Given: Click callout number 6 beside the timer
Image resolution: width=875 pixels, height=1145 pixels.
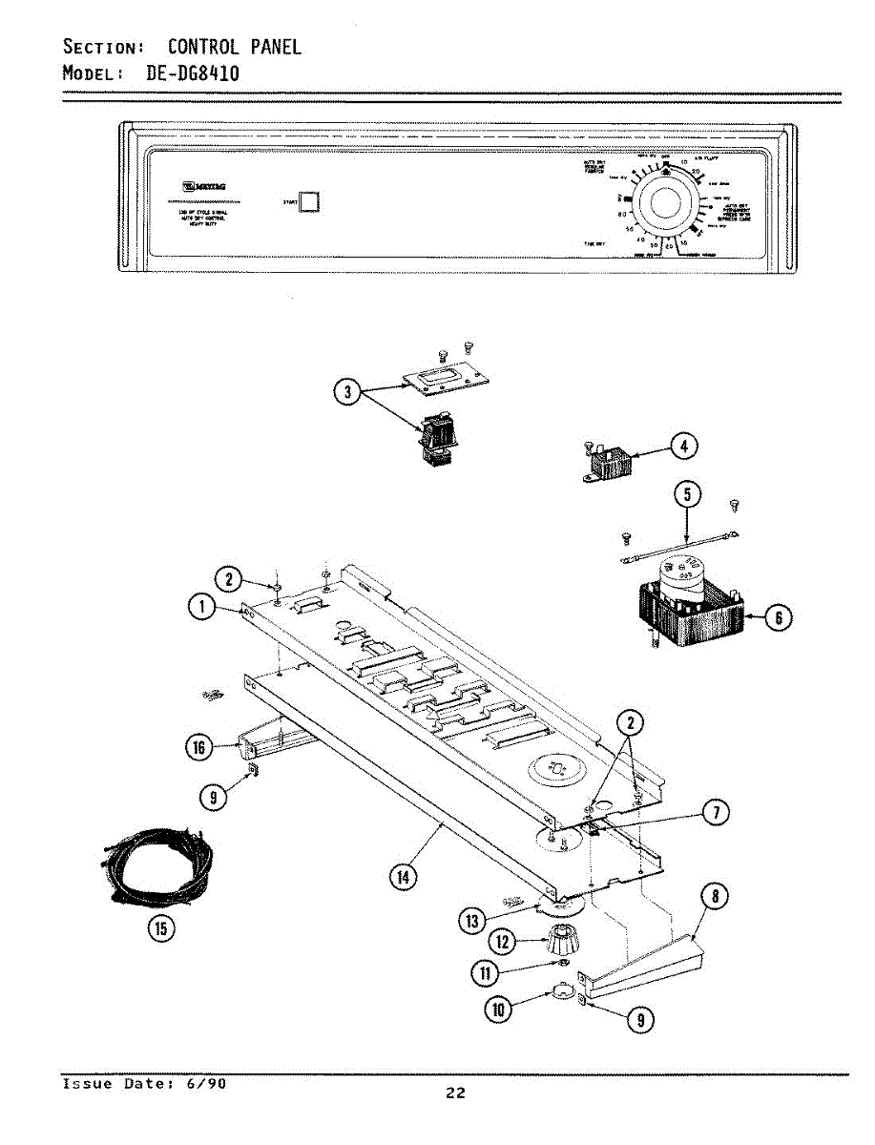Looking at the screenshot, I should point(779,619).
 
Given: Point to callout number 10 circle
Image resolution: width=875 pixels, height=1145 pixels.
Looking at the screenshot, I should point(497,1008).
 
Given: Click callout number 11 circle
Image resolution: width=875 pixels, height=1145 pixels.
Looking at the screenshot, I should point(488,973).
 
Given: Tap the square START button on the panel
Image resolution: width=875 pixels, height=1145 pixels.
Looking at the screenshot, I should point(309,201).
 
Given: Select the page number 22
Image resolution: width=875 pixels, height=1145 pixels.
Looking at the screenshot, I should point(456,1093).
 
